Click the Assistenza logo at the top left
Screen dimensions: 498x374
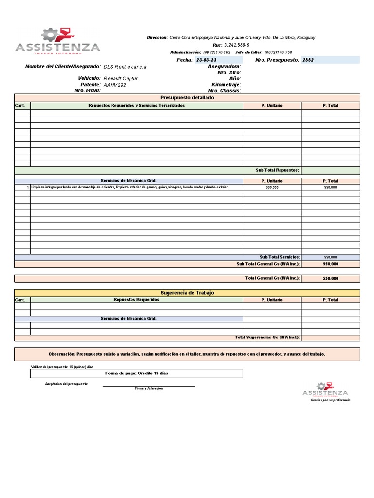tap(57, 41)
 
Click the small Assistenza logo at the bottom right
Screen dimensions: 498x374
tap(325, 390)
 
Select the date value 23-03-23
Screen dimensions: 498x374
tap(206, 60)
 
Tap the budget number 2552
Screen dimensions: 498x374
tap(308, 60)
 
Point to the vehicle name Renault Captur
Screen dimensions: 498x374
tap(121, 78)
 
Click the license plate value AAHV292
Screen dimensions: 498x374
tap(115, 85)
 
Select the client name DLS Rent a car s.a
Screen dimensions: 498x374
tap(125, 66)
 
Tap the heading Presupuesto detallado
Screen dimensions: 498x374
tap(187, 98)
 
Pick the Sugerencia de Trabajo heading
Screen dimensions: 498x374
tap(187, 293)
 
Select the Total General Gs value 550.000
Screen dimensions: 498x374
tap(331, 279)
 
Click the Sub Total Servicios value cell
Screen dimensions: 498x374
tap(331, 257)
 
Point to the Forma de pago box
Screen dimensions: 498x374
tap(136, 373)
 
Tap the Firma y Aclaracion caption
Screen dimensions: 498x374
tap(149, 388)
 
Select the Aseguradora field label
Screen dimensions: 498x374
tap(224, 66)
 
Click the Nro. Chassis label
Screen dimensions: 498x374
tap(224, 91)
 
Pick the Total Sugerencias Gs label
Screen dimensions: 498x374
tap(267, 338)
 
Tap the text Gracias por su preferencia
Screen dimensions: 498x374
tap(331, 400)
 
